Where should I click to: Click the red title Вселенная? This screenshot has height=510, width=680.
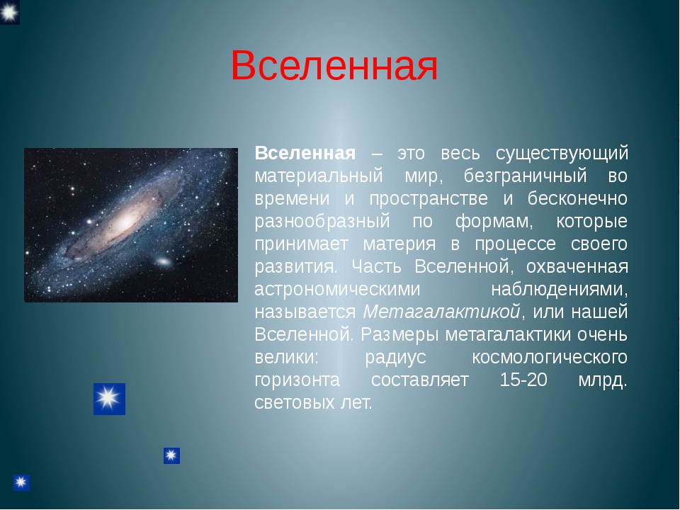[x=334, y=65]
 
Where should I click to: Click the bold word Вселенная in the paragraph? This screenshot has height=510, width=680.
[x=305, y=154]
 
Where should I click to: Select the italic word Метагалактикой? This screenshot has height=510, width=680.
[x=441, y=312]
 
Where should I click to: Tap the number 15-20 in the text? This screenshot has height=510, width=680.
[x=523, y=380]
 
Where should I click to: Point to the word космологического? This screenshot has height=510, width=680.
[x=550, y=357]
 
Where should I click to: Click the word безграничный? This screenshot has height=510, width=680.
[x=525, y=176]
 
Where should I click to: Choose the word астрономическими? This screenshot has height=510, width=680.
[x=337, y=289]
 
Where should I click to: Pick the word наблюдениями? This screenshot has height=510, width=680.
[x=560, y=289]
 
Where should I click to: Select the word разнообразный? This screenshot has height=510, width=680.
[x=322, y=222]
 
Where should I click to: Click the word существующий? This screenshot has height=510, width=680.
[x=562, y=154]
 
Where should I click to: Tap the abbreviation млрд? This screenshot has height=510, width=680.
[x=603, y=380]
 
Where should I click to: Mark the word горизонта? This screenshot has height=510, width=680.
[x=297, y=380]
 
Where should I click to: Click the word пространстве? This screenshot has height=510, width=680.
[x=429, y=199]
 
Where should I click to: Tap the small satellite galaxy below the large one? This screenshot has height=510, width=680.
[x=164, y=261]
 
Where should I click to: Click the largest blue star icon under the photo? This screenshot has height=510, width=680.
[x=109, y=399]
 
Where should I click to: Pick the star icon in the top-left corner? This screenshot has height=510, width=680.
[x=9, y=12]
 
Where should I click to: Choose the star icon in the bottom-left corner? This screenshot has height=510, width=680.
[x=21, y=482]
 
